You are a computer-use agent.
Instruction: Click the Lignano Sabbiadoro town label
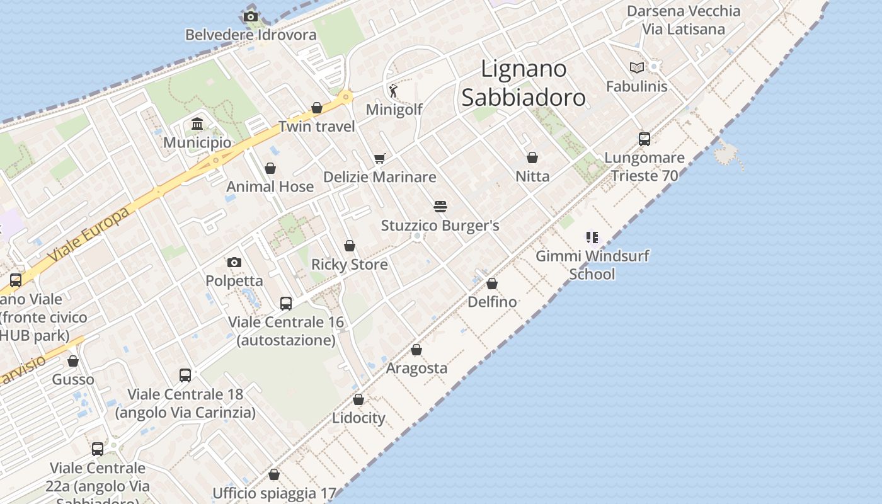click(x=524, y=83)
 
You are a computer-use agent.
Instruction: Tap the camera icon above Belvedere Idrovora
click(x=251, y=16)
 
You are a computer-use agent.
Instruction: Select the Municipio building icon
click(x=197, y=123)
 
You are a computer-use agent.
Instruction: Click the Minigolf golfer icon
click(x=394, y=91)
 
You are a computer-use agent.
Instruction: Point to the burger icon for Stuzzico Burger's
click(x=440, y=206)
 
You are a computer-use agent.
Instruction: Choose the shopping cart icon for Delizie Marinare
click(x=379, y=158)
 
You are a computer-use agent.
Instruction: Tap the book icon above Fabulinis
click(x=637, y=67)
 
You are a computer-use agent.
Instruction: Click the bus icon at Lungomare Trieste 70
click(x=644, y=139)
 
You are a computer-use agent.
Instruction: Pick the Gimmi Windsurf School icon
click(x=592, y=238)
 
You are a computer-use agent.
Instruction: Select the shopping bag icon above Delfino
click(x=492, y=283)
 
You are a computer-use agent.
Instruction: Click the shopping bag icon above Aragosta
click(x=416, y=350)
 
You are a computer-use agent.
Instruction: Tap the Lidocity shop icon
click(x=358, y=399)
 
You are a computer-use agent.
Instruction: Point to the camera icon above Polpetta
click(x=234, y=262)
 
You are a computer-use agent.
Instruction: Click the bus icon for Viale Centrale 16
click(x=286, y=304)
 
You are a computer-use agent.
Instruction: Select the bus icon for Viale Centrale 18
click(x=185, y=375)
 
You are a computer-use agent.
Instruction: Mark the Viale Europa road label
click(x=89, y=234)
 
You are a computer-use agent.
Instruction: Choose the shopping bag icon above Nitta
click(x=532, y=157)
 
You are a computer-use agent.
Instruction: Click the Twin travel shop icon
click(x=317, y=108)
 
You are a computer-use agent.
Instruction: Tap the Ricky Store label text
click(x=350, y=265)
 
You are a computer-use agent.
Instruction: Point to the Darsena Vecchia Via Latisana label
click(x=684, y=20)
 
